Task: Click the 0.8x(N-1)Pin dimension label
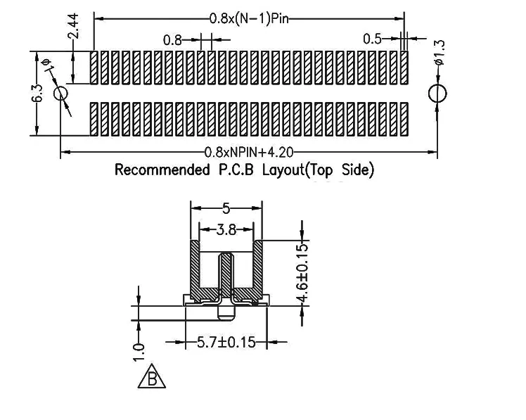tap(249, 18)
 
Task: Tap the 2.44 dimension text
tap(73, 26)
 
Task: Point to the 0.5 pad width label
tap(373, 39)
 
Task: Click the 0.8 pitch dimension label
tap(172, 40)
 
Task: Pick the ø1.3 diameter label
tap(439, 52)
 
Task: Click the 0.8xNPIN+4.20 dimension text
tap(249, 153)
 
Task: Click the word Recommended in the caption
tap(162, 170)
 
